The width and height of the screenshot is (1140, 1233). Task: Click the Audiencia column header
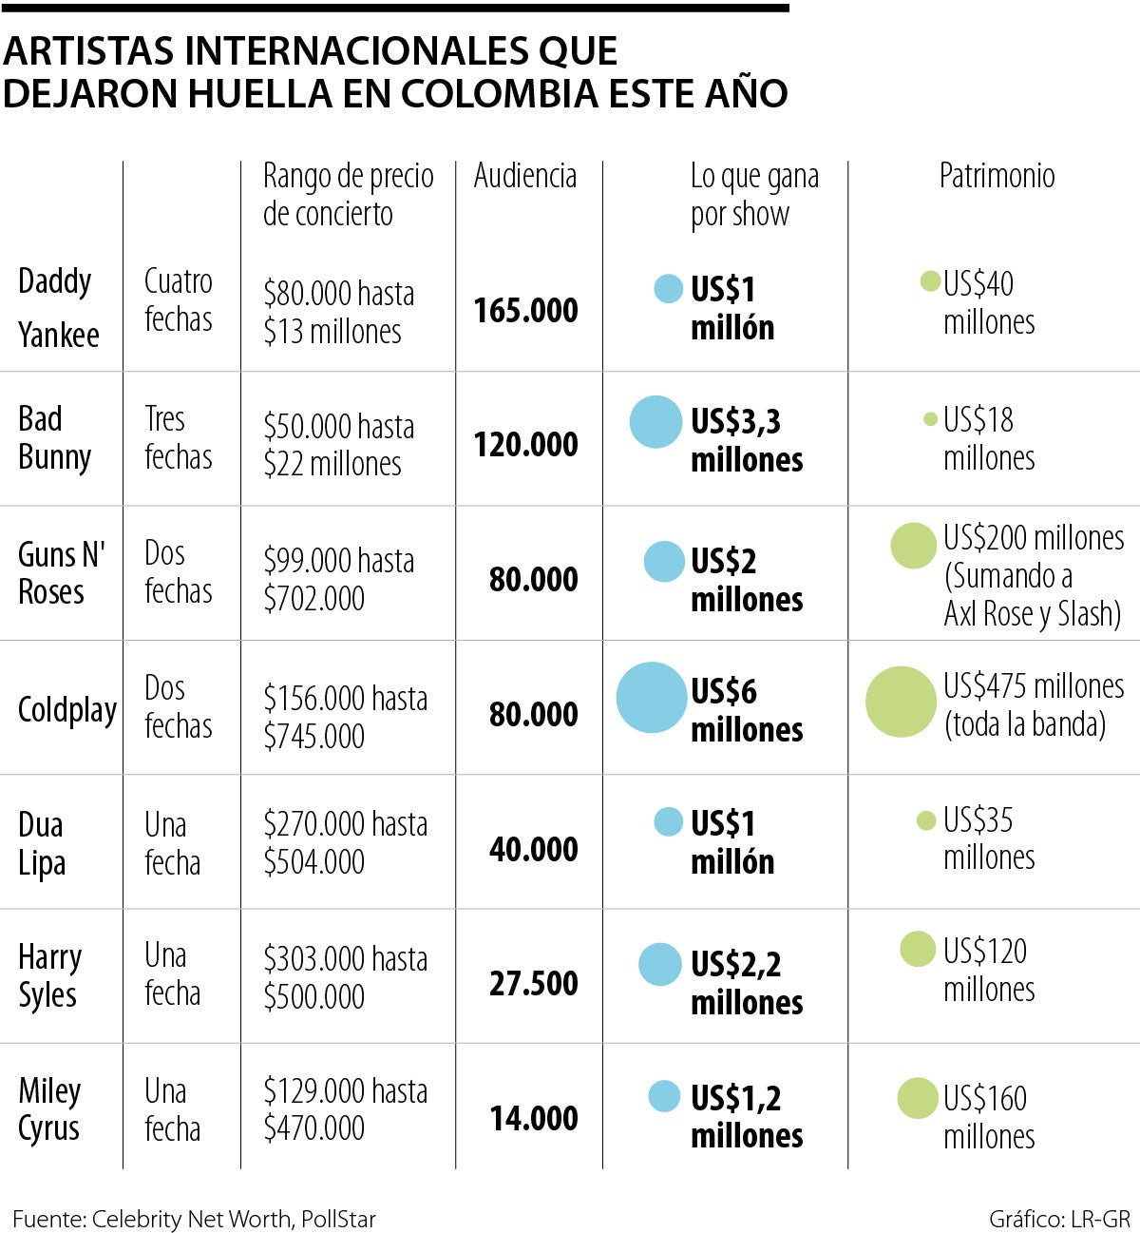tap(525, 176)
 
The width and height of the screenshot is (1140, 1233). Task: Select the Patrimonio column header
tap(997, 176)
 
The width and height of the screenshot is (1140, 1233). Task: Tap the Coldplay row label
tap(67, 709)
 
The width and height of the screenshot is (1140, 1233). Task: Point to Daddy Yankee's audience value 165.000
tap(525, 310)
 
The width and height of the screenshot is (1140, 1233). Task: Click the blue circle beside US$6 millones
tap(652, 698)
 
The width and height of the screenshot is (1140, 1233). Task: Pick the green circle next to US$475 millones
tap(901, 702)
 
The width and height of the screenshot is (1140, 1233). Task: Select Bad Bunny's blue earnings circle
tap(656, 422)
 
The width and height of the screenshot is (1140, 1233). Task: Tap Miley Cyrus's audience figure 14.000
tap(533, 1118)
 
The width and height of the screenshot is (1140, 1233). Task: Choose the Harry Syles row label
tap(50, 975)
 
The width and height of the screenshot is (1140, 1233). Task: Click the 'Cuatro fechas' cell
tap(179, 299)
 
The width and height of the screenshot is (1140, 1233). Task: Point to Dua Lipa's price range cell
tap(346, 842)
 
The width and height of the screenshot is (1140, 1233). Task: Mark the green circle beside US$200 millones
tap(914, 546)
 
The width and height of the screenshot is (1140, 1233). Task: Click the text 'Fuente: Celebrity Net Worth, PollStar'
tap(194, 1219)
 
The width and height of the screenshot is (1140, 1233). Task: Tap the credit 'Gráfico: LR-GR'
tap(1058, 1219)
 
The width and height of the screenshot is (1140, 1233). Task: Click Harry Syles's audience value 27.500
tap(533, 983)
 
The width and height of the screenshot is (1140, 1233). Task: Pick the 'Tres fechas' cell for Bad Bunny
tap(179, 437)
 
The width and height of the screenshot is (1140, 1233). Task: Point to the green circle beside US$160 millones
tap(918, 1098)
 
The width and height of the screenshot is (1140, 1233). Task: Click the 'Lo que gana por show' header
tap(754, 195)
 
